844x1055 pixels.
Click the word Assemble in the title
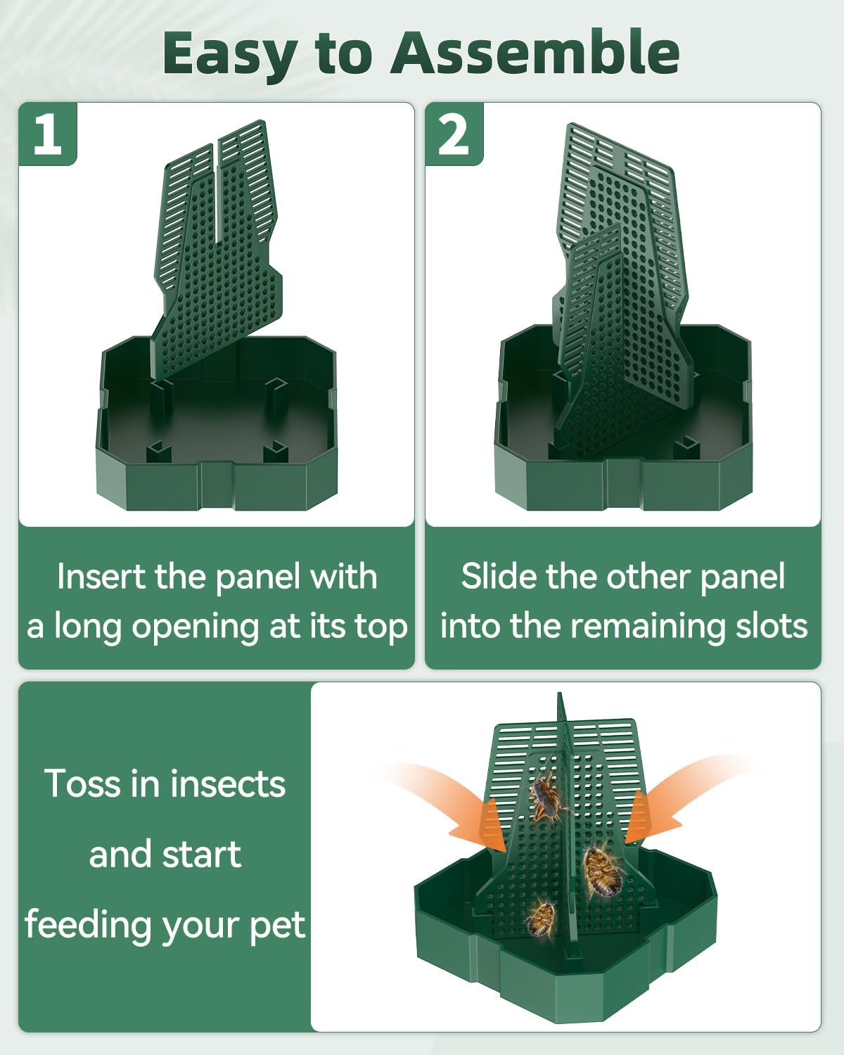point(535,53)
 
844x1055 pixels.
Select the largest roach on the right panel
point(603,872)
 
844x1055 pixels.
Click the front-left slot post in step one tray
point(158,451)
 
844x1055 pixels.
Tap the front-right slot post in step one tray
point(275,451)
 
